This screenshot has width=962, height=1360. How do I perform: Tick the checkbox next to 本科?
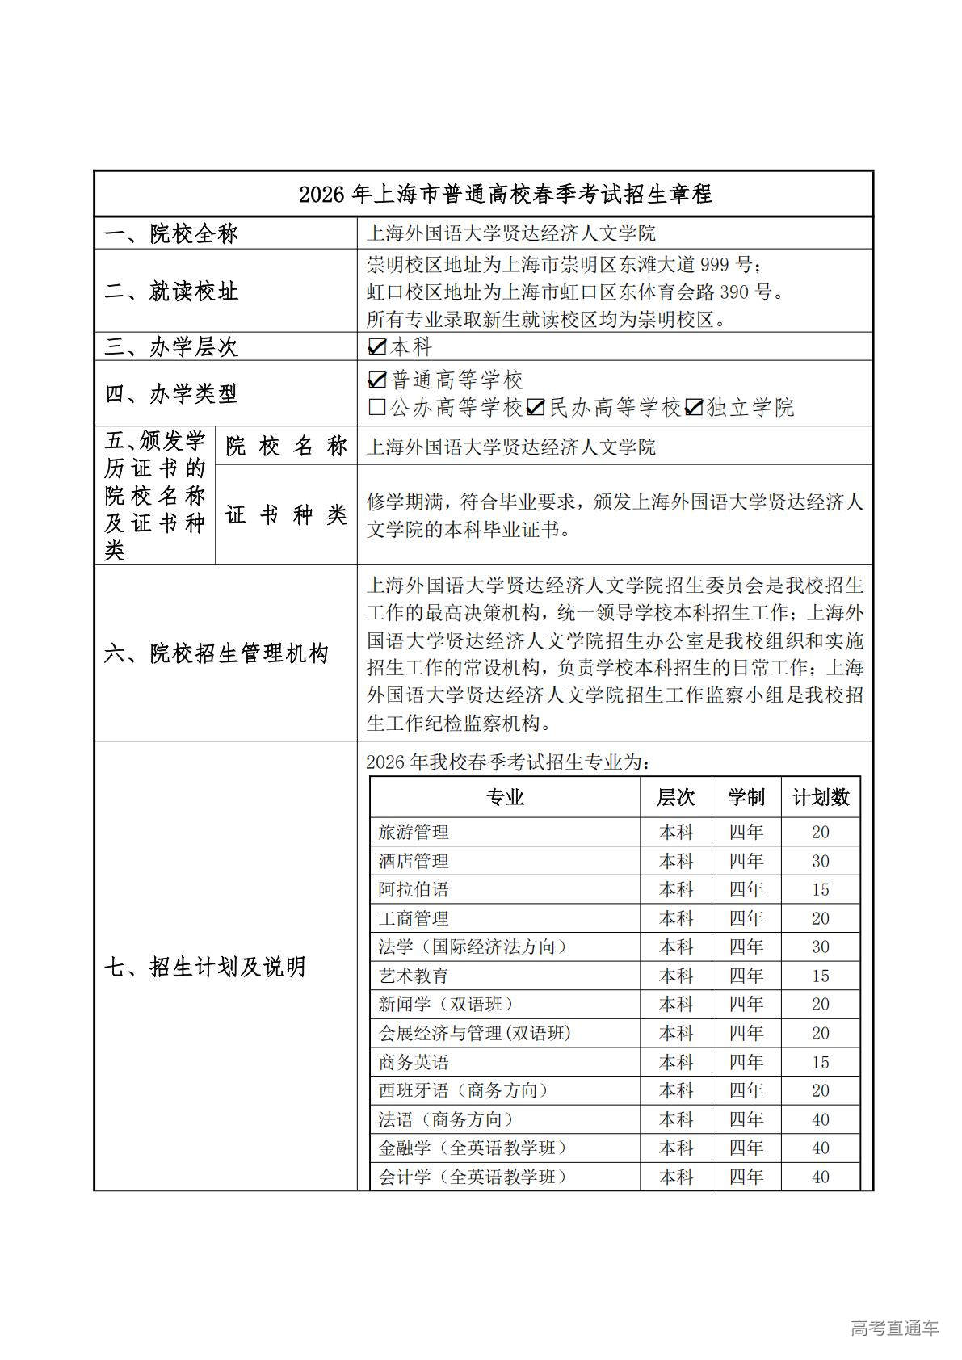click(x=376, y=347)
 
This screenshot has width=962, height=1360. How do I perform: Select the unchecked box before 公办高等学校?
click(x=376, y=408)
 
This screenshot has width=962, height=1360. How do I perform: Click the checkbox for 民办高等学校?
click(x=535, y=408)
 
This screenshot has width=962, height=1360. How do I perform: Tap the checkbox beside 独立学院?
click(x=693, y=408)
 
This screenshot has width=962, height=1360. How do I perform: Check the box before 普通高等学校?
click(x=376, y=380)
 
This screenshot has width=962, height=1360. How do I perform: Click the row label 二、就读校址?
click(x=171, y=292)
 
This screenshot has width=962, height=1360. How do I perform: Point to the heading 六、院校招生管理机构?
click(x=216, y=653)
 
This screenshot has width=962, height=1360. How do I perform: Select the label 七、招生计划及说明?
click(x=205, y=967)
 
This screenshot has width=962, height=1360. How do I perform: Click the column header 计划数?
click(x=820, y=798)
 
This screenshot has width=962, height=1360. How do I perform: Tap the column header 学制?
click(x=746, y=798)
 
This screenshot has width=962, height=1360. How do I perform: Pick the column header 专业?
click(x=505, y=798)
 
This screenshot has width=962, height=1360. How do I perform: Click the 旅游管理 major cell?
click(x=414, y=832)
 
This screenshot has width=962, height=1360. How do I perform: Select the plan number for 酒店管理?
click(x=820, y=861)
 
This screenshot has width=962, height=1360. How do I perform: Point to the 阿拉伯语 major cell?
click(x=414, y=890)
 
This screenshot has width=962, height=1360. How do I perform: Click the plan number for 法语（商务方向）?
click(x=820, y=1119)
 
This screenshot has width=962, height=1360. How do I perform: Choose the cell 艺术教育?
click(x=414, y=976)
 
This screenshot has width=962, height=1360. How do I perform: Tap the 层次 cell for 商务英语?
click(x=676, y=1062)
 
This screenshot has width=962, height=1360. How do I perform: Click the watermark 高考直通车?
click(x=895, y=1328)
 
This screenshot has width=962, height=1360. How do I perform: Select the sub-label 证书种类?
click(x=286, y=514)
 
